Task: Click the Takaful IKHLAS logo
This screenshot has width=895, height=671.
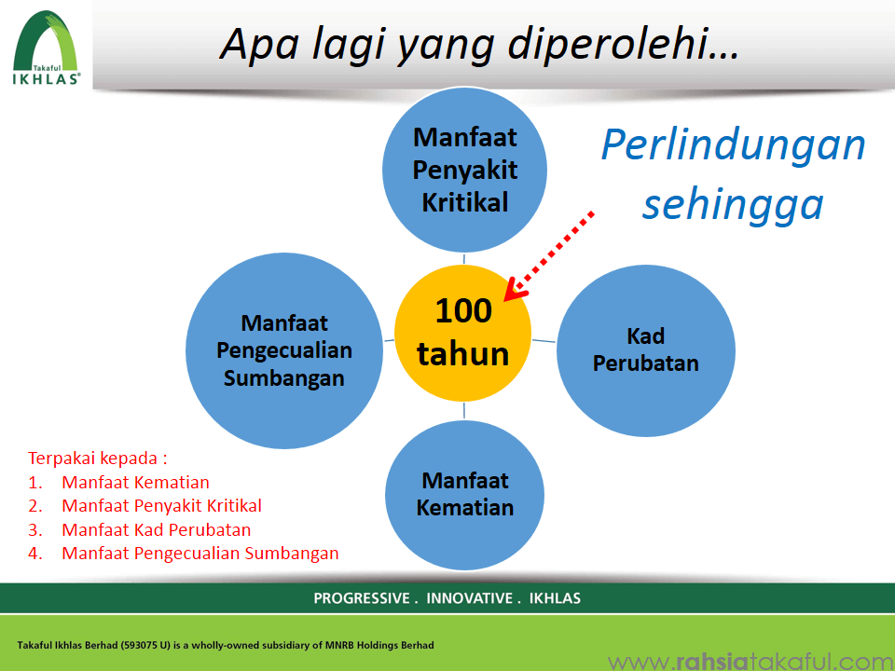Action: [47, 48]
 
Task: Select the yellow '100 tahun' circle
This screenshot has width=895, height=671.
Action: [463, 334]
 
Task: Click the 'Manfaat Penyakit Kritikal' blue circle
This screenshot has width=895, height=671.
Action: [464, 170]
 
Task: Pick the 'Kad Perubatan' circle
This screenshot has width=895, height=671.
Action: [645, 350]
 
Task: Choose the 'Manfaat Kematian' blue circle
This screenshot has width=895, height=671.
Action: [464, 494]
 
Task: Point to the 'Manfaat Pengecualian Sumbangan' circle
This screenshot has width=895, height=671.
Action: [284, 350]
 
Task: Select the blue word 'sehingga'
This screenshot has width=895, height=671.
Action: [734, 205]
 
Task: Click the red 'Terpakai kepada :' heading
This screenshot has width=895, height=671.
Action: [98, 459]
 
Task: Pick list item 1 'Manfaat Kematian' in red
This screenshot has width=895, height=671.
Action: [135, 482]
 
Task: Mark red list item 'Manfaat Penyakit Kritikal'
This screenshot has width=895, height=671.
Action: [161, 505]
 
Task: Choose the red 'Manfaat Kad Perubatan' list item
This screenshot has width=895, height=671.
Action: [157, 529]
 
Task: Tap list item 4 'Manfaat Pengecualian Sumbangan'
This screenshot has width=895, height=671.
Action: [200, 553]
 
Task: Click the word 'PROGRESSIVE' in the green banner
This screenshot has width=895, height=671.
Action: [362, 598]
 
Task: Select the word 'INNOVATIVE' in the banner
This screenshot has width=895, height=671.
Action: [469, 598]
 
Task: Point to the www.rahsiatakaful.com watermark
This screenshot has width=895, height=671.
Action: [750, 662]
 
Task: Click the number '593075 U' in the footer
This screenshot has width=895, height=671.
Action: [145, 645]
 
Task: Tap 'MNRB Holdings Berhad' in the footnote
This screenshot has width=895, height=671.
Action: [379, 645]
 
